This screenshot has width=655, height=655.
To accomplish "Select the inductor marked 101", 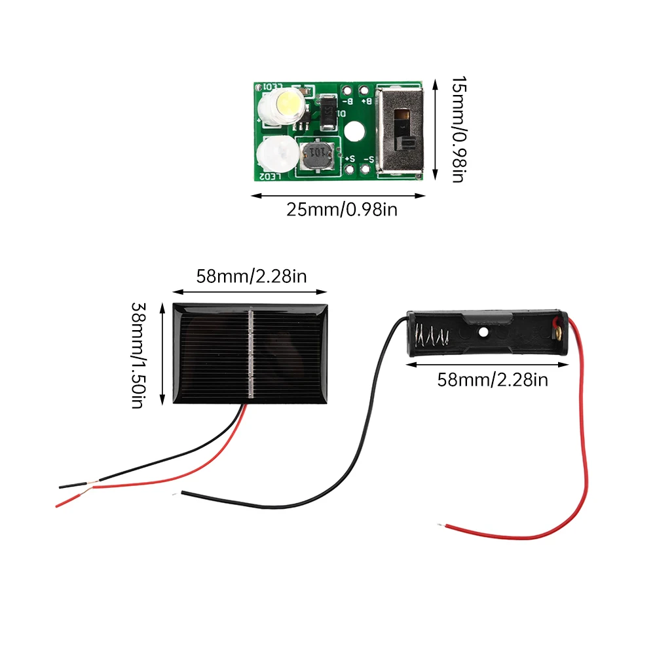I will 316,155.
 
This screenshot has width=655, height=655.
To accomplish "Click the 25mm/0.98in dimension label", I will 342,210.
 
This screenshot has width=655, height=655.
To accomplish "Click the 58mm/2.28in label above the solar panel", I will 252,276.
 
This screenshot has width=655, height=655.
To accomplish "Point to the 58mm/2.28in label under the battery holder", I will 493,379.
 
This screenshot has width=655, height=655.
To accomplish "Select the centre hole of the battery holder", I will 483,332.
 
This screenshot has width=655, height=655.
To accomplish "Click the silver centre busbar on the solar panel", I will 251,354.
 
